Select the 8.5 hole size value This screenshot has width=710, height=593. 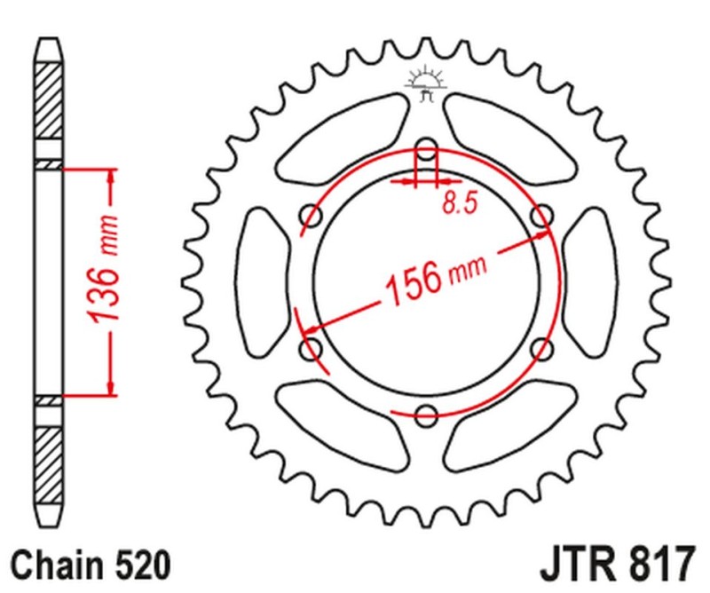pyautogui.click(x=459, y=203)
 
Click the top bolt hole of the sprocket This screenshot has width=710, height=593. pyautogui.click(x=426, y=148)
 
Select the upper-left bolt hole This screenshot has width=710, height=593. pyautogui.click(x=312, y=215)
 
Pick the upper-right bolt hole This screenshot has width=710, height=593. pyautogui.click(x=540, y=215)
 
